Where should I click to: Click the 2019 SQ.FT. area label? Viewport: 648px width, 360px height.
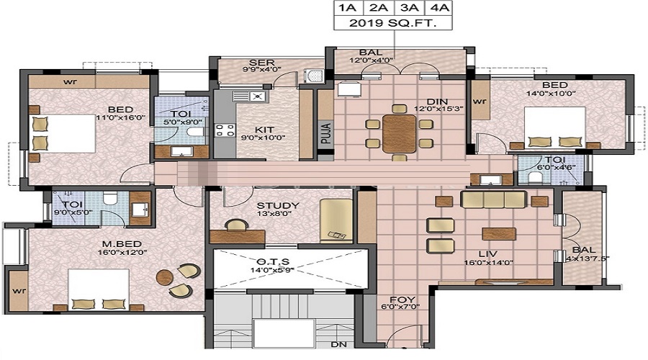[392, 23]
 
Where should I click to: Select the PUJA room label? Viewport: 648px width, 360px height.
[326, 133]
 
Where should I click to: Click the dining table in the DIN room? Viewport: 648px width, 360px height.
[399, 133]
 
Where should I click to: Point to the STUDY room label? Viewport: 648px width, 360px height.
[278, 205]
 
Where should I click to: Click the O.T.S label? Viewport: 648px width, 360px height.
[273, 261]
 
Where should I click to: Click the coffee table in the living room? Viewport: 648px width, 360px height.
[498, 233]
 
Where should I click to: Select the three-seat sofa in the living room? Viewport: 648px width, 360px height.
[493, 199]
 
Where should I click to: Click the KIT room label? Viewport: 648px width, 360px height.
[264, 130]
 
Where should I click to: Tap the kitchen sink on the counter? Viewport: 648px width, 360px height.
[251, 96]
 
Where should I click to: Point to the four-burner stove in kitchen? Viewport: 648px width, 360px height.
[225, 130]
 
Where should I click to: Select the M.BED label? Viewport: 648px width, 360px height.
[117, 244]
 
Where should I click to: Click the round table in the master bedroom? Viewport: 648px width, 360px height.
[164, 277]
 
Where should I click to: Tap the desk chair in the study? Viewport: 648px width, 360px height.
[237, 225]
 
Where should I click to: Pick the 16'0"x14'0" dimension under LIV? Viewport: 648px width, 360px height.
[488, 262]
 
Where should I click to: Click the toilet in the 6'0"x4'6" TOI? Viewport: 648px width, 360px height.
[536, 177]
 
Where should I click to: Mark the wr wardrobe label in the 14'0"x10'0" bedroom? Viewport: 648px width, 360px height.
[480, 101]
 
